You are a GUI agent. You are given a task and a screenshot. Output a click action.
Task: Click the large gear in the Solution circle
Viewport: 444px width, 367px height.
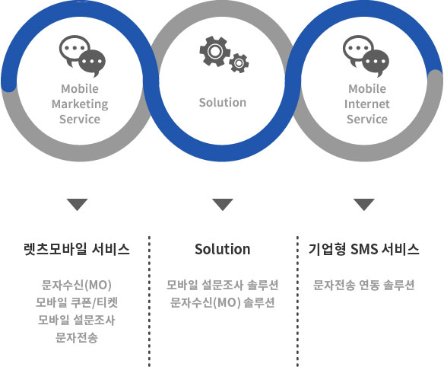point(214,51)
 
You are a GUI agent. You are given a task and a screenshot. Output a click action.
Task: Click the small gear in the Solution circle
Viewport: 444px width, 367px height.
point(239,63)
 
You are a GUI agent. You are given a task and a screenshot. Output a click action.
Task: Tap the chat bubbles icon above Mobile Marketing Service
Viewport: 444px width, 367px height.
point(82,56)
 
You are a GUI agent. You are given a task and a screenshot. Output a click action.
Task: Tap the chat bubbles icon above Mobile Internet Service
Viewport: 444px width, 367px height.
point(366,56)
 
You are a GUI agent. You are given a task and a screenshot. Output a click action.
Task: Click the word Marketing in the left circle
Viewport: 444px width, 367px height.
point(80,104)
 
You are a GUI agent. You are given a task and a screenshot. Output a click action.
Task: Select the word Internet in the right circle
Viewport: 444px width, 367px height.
point(367,104)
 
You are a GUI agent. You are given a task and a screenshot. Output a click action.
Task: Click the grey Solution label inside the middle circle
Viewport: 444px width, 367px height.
point(223,102)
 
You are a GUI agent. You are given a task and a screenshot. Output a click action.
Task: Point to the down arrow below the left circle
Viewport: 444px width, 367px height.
point(78,205)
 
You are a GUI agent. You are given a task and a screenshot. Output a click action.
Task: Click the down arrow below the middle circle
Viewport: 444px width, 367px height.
point(223,205)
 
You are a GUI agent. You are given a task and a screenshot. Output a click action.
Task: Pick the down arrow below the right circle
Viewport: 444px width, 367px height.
point(364,205)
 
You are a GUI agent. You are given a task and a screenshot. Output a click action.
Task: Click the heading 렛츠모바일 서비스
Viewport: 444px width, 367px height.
point(77,249)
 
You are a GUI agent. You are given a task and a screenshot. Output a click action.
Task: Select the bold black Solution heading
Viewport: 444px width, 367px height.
point(223,249)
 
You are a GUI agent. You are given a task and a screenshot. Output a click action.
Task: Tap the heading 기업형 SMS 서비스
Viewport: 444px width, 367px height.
point(364,249)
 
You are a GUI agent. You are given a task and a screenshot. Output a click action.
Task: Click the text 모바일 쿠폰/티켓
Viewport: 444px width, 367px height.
point(77,302)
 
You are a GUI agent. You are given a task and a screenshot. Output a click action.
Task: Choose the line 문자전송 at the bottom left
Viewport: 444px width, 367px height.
point(77,337)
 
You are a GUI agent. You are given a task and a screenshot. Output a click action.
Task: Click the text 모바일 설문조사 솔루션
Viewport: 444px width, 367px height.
point(223,285)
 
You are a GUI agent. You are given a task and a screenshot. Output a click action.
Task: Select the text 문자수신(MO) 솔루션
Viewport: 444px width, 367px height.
point(223,302)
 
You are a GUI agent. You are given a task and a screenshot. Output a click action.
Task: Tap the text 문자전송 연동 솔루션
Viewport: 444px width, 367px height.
point(364,285)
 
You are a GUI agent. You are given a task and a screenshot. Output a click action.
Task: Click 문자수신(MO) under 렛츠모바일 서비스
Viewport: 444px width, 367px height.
point(77,285)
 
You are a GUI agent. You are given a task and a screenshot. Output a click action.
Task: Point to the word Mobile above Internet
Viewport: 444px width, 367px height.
point(367,89)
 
